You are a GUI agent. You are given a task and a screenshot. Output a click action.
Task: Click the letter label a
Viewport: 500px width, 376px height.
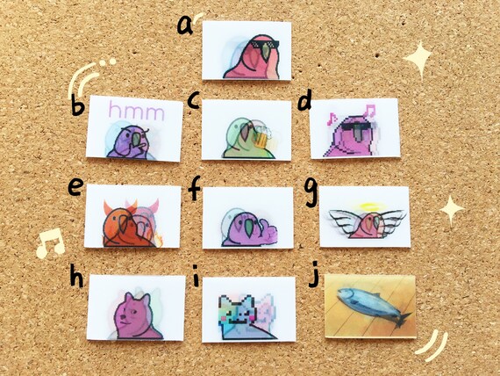click(x=185, y=23)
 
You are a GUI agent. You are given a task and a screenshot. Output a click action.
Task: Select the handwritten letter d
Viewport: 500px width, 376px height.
click(x=305, y=101)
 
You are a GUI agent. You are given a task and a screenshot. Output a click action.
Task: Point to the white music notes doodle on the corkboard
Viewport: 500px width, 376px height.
click(x=49, y=242)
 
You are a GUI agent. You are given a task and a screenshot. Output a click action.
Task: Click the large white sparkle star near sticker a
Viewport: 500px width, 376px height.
click(x=420, y=61)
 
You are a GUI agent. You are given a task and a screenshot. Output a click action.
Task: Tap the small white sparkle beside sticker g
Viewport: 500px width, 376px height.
click(x=452, y=210)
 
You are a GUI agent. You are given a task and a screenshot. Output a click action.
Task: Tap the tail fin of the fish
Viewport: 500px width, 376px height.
click(x=402, y=317)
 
